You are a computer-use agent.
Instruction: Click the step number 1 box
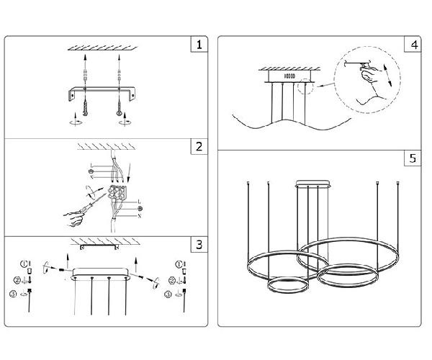click(199, 44)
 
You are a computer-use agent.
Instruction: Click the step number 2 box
click(199, 148)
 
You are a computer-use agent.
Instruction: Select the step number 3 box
click(199, 244)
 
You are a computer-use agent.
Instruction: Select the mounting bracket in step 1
click(101, 92)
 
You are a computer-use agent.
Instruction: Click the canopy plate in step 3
click(100, 273)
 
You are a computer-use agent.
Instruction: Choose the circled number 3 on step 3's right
click(167, 294)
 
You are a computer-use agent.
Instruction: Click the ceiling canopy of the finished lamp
click(314, 181)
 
